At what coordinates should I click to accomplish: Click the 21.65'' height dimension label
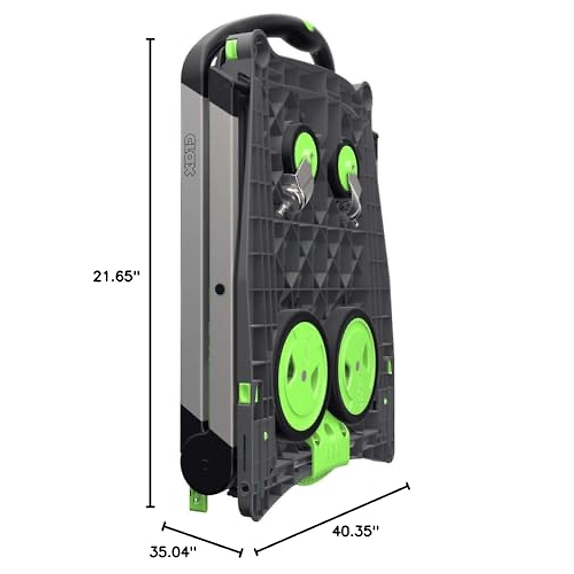(116, 276)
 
